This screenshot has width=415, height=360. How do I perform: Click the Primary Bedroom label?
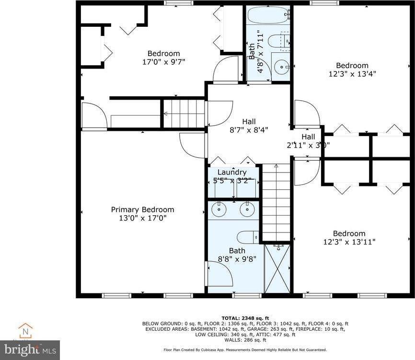(x=142, y=209)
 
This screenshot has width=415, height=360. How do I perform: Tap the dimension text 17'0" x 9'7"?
(x=163, y=62)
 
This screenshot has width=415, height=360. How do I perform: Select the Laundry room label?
(x=232, y=172)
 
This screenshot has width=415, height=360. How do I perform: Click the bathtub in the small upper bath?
(x=268, y=15)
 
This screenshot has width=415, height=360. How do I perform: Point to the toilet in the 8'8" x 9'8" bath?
(x=249, y=237)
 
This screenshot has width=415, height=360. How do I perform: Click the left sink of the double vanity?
(x=220, y=209)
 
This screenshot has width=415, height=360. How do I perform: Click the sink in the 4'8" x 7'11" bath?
(x=281, y=66)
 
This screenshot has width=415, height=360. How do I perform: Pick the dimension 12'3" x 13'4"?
(x=352, y=74)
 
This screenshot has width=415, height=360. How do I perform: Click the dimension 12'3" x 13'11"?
(x=349, y=242)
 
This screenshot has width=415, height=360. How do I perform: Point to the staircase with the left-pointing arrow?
(x=184, y=114)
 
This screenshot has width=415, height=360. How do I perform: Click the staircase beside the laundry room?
(x=277, y=201)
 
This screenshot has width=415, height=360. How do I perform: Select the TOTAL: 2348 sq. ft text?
(x=245, y=318)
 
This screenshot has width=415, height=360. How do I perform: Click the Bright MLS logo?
(x=30, y=349)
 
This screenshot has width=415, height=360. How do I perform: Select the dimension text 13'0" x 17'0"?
(x=142, y=218)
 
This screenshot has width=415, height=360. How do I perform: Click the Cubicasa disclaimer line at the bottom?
(x=245, y=350)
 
